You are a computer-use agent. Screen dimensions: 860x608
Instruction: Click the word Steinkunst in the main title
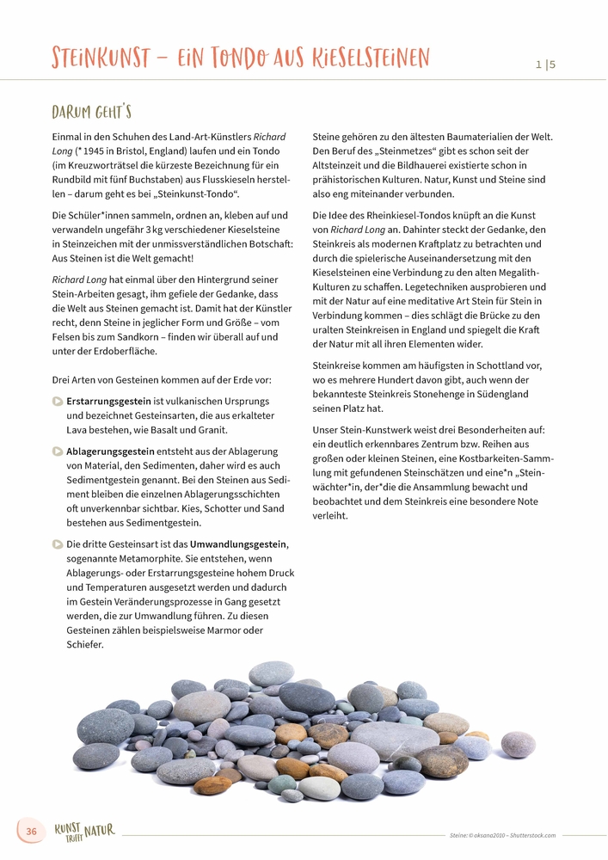tap(103, 58)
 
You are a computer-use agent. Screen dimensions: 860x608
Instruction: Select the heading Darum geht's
tap(91, 113)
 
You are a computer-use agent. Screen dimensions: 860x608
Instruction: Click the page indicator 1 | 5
tap(545, 64)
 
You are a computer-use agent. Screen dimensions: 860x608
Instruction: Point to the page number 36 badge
tap(32, 832)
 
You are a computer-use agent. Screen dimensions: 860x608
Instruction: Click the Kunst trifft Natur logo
tap(84, 832)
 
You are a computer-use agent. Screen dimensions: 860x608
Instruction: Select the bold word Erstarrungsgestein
tap(109, 401)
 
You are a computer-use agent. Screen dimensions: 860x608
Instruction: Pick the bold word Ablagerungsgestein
tap(110, 451)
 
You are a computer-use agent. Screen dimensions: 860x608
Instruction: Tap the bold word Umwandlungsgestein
tap(238, 544)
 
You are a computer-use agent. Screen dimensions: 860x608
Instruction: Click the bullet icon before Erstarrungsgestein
tap(58, 401)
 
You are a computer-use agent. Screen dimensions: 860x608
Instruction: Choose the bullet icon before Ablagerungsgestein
tap(58, 451)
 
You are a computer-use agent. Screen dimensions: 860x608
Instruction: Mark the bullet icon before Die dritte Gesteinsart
tap(58, 544)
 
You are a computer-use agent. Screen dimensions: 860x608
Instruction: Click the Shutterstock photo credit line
tap(502, 835)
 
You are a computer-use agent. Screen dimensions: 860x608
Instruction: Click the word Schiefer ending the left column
tap(84, 644)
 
